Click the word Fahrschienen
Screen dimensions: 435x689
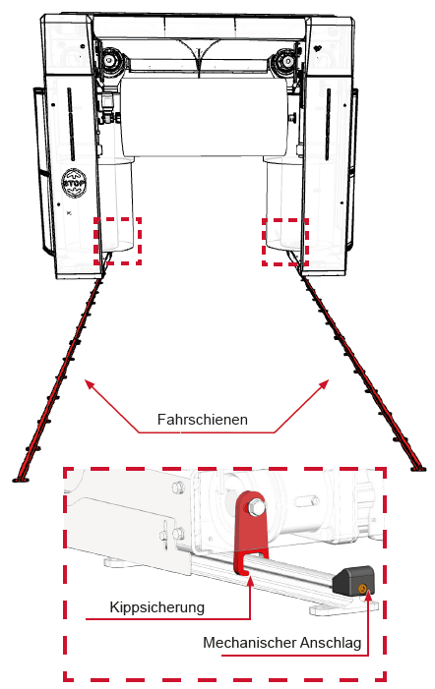point(203,420)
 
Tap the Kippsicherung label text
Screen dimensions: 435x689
point(157,607)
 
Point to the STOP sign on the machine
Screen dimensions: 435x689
point(74,182)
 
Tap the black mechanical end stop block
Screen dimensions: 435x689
point(353,580)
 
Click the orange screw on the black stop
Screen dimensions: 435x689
point(362,589)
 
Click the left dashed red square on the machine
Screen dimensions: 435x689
point(117,241)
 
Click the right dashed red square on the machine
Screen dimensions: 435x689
point(285,242)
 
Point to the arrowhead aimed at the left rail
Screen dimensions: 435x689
point(90,385)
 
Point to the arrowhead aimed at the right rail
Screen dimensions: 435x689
point(324,384)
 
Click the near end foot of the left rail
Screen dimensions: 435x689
point(21,479)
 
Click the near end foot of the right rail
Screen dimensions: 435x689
point(418,469)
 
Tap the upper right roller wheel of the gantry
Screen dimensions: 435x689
point(286,60)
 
